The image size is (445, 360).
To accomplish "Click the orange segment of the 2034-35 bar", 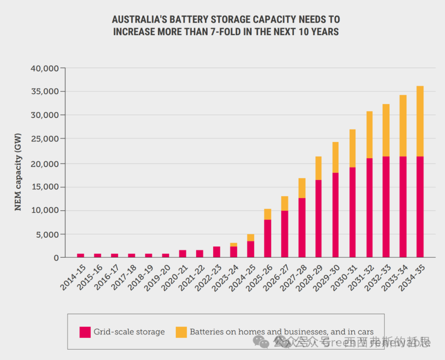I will coord(420,121).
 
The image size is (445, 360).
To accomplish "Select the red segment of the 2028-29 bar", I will coord(319,219).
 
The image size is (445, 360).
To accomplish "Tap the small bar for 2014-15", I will coord(81,255).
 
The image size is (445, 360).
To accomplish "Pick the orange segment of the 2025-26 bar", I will coord(268,214).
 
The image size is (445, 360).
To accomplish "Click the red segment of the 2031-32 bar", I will coord(369,208).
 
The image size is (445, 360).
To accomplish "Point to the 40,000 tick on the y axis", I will coord(45,68).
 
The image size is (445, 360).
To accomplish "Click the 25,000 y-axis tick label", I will coord(45,139).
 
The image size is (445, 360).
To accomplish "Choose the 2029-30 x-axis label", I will coord(328,277).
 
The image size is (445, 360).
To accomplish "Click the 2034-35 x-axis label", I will coord(412,277).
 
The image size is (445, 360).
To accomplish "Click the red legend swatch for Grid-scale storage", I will coord(85,332).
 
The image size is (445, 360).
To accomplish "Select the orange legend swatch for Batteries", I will coord(181,332).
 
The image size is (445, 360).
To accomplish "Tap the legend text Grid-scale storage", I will coord(129,332).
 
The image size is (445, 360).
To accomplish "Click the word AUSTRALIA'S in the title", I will coord(138,19).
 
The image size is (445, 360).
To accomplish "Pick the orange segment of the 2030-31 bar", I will coord(352,148).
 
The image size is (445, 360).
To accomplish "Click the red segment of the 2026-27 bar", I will coord(285,234).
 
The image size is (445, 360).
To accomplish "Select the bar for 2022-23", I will coord(217,252).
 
